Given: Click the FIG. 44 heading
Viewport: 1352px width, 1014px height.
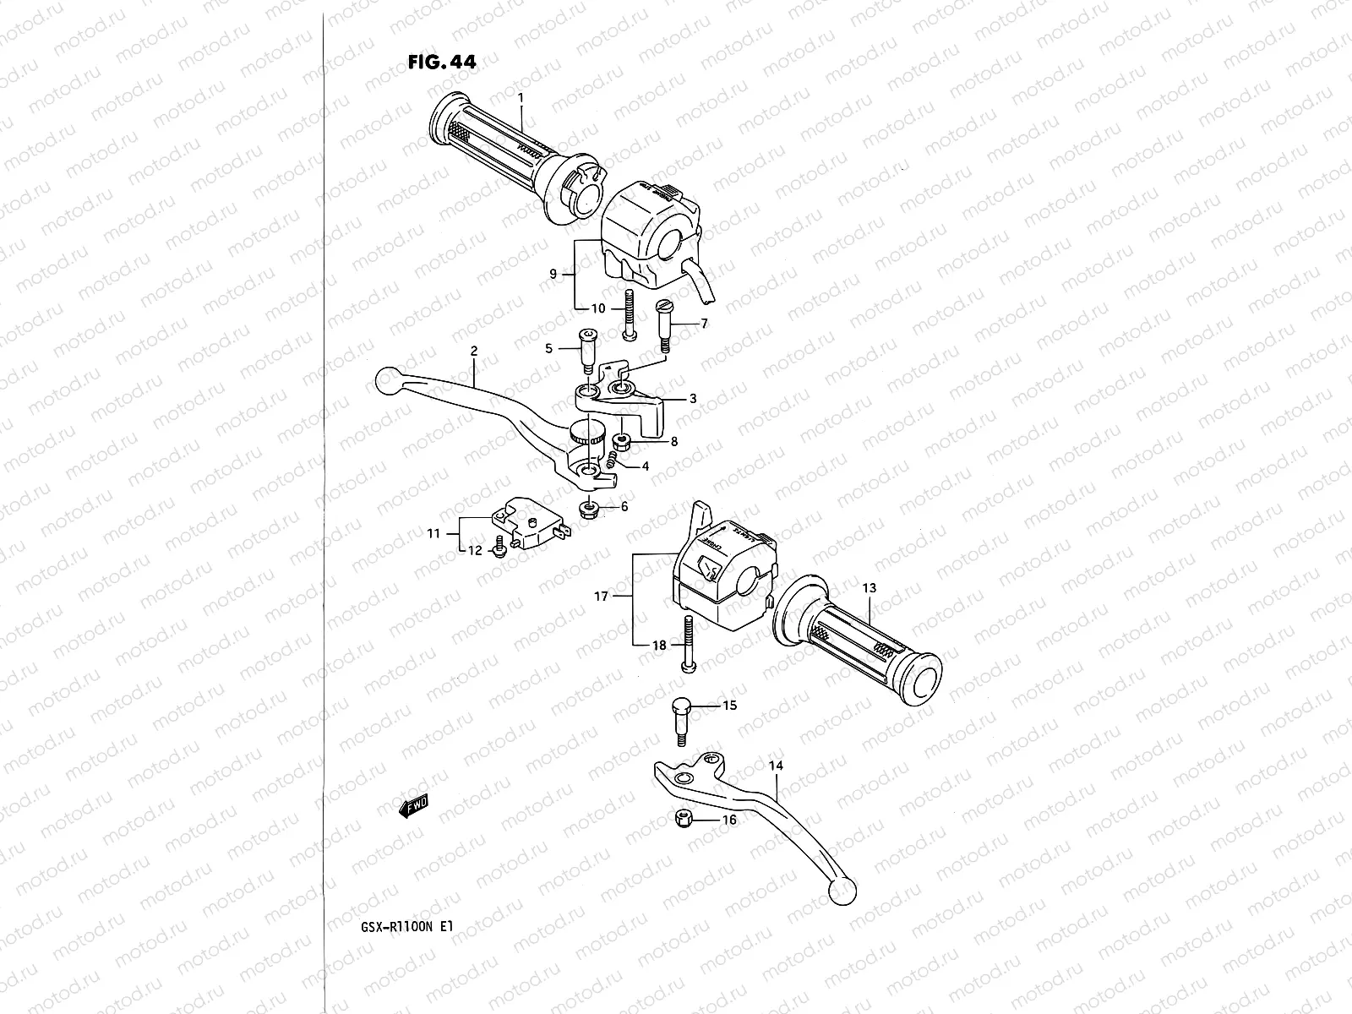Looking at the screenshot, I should pos(440,62).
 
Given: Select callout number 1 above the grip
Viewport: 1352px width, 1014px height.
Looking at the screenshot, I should pos(521,98).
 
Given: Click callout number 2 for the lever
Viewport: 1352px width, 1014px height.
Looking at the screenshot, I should pos(474,351).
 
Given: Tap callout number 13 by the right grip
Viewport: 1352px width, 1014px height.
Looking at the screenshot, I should pos(870,587).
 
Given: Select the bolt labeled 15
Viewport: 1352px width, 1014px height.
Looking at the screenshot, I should pos(682,719).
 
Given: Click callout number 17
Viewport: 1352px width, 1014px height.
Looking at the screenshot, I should pos(602,597).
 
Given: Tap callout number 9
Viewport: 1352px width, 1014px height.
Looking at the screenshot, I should pos(552,274).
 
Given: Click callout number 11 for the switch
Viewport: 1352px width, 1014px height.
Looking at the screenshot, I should pos(433,533).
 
